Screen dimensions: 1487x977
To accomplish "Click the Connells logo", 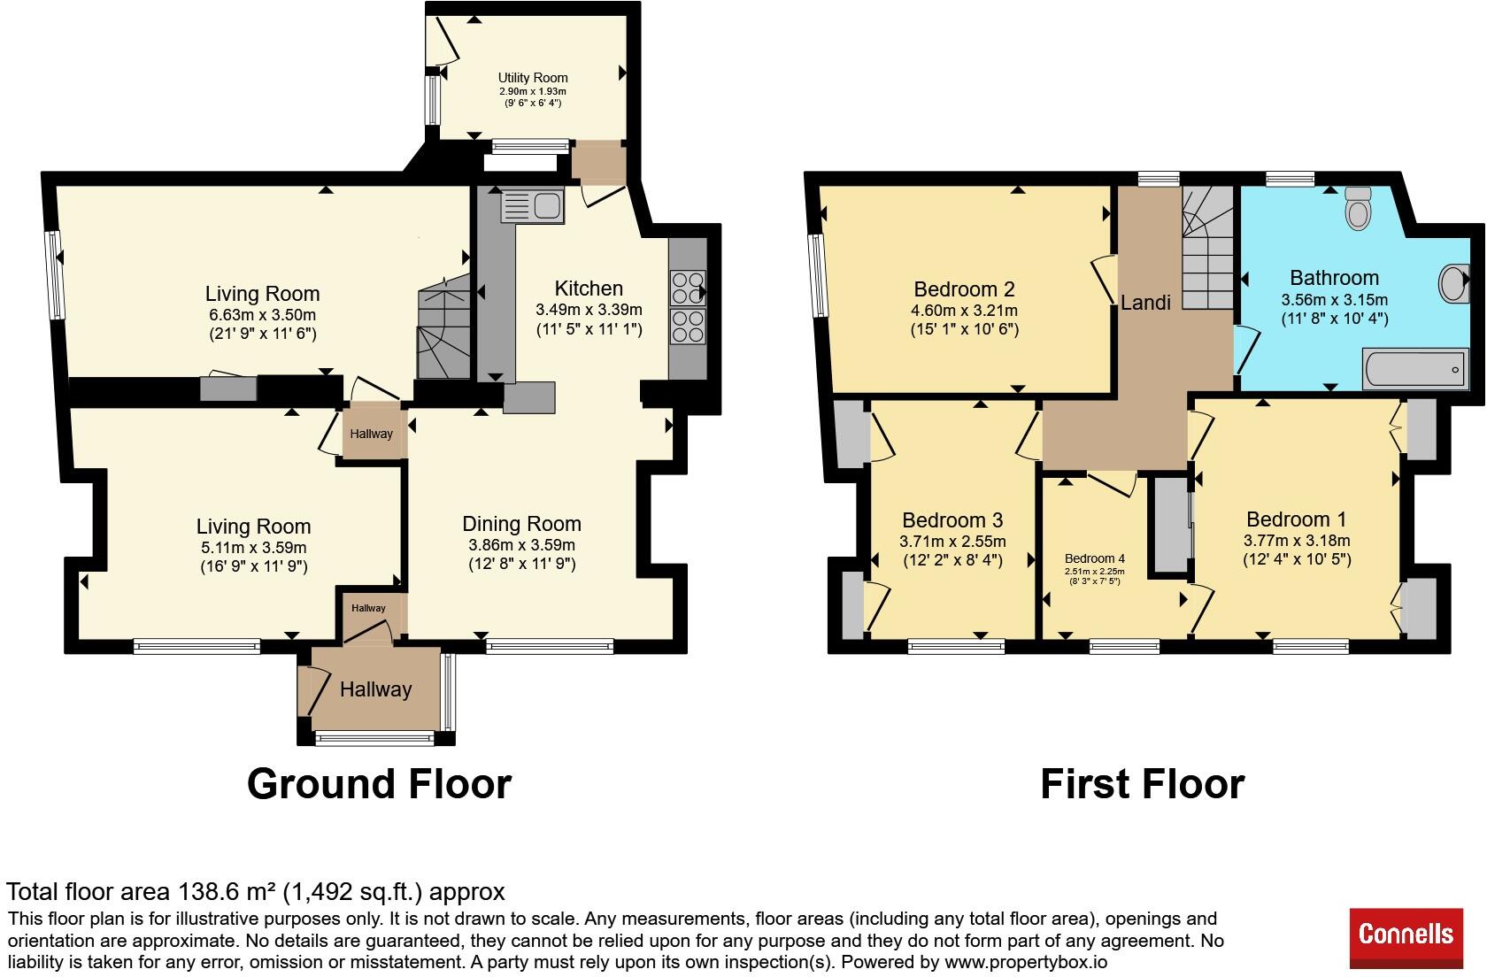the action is tap(1406, 937).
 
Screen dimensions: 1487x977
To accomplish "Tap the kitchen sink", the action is tap(533, 205).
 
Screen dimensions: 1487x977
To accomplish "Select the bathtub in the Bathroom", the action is tap(1415, 369).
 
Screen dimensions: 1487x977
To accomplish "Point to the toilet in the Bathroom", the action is tap(1358, 208).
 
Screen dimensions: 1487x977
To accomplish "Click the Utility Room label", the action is tap(533, 78).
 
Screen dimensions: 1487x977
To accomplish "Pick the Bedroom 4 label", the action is tap(1095, 558).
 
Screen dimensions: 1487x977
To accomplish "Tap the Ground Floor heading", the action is tap(379, 784).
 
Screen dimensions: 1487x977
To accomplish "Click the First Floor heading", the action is tap(1143, 784).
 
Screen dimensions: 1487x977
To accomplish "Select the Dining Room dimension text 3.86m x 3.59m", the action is tap(522, 545).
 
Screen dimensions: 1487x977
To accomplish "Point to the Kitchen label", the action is tap(589, 288).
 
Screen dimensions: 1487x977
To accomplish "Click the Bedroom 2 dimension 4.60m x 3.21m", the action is tap(964, 310).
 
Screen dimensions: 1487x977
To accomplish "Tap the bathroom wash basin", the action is tap(1453, 284).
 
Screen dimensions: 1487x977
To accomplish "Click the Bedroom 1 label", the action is tap(1297, 519).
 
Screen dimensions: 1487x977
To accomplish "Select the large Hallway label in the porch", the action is tap(375, 689).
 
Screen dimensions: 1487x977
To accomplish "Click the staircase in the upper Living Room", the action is tap(444, 326).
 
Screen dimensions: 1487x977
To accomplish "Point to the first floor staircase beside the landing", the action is tap(1207, 248).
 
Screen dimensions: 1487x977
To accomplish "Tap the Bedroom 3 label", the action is tap(952, 519).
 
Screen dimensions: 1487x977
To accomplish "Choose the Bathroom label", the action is tap(1335, 278).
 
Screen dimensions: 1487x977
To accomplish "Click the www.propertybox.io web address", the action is tap(1026, 962).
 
